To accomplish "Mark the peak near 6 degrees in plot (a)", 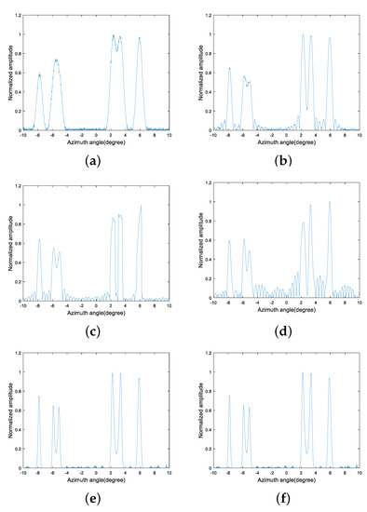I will tap(140, 38).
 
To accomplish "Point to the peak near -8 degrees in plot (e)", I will tap(39, 397).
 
